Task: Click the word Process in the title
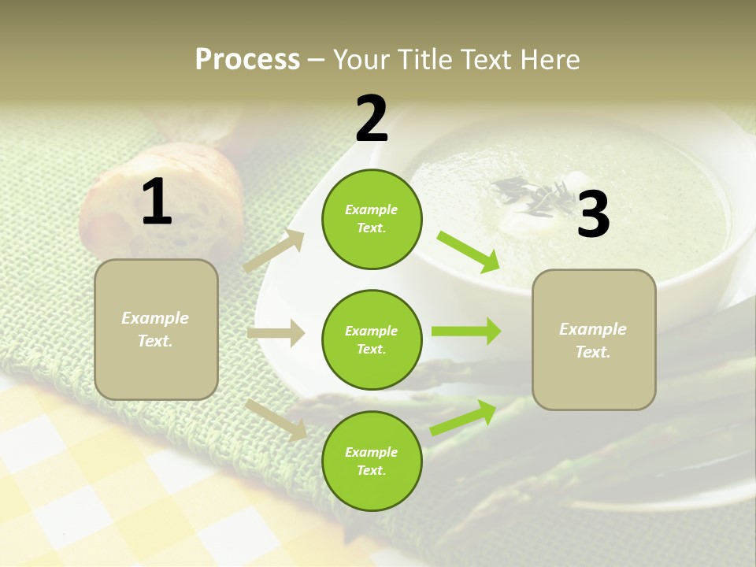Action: click(247, 60)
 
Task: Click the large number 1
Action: click(157, 202)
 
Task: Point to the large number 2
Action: click(372, 119)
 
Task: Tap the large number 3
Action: click(594, 215)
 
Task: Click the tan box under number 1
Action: click(156, 329)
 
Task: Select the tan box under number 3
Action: click(594, 339)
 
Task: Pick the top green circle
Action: click(372, 219)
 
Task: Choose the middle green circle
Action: click(372, 339)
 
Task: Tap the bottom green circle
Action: click(372, 461)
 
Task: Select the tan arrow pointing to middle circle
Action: click(276, 333)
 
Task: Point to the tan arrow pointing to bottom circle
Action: click(276, 419)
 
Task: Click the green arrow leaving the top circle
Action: click(469, 251)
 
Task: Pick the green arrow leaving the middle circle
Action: click(466, 332)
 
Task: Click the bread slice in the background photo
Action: click(169, 197)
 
